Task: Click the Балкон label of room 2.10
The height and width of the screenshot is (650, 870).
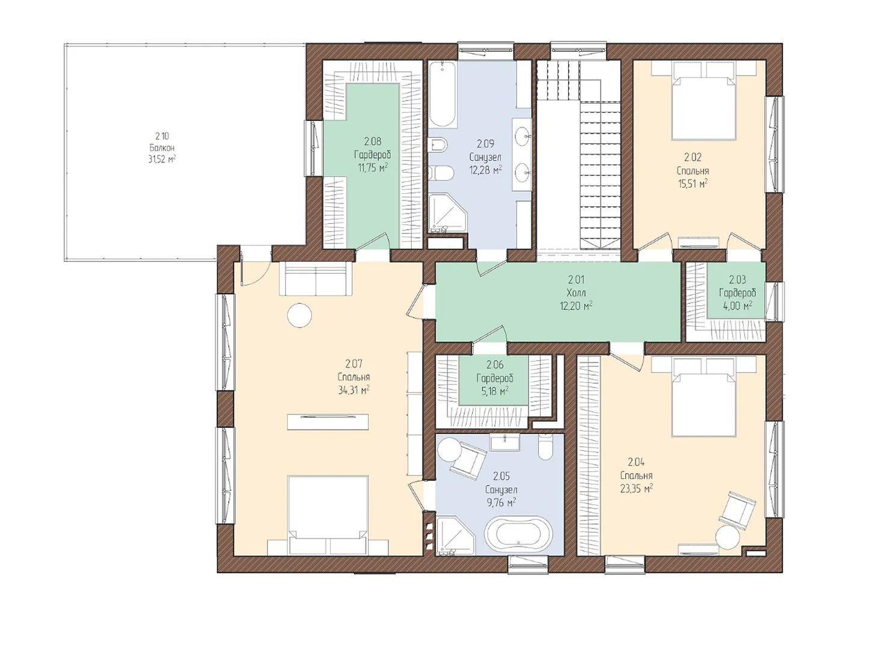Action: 162,147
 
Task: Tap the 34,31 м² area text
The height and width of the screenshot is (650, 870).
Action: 354,390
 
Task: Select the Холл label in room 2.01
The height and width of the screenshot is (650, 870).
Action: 577,292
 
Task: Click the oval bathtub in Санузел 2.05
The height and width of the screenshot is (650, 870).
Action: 518,535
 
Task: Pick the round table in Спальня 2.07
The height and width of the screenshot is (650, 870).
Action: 299,315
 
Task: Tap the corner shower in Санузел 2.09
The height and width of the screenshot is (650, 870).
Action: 448,212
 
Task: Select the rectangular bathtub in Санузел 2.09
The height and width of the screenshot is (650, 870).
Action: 443,94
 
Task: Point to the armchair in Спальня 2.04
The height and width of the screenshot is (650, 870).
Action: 737,510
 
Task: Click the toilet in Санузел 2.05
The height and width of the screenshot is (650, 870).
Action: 545,447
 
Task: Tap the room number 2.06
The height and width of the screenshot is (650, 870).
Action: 495,364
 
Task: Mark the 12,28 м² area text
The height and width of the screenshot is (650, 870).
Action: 486,170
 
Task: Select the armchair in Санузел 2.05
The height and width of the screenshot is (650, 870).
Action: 468,462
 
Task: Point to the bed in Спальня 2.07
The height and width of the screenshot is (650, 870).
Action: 328,515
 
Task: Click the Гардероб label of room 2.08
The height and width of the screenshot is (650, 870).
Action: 372,154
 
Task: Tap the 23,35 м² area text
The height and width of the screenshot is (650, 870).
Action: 637,489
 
